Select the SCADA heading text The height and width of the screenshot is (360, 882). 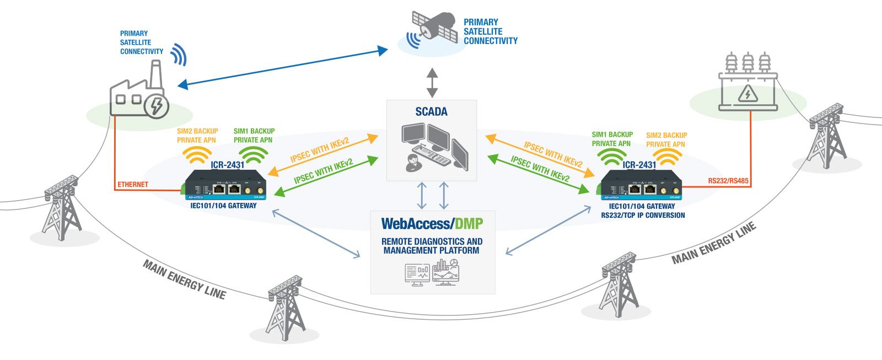(431, 112)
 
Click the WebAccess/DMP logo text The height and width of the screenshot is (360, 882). (432, 224)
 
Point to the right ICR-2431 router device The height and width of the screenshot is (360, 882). (641, 185)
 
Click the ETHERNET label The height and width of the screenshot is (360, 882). (133, 185)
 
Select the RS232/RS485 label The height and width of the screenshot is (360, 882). (728, 181)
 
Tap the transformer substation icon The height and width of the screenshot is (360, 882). (748, 82)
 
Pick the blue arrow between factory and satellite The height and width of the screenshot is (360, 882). (283, 68)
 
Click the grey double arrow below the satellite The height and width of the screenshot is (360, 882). (432, 83)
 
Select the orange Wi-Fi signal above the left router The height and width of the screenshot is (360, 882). (197, 156)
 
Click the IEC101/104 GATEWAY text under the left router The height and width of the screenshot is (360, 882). (223, 206)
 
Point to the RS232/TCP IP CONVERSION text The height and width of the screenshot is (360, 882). (643, 216)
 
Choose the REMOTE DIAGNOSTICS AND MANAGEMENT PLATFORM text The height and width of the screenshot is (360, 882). (432, 246)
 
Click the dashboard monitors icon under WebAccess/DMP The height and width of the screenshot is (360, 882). (432, 272)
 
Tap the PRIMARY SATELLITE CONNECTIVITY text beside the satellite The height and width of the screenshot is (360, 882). (490, 31)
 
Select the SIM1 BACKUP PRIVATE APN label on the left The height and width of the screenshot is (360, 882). (254, 136)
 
